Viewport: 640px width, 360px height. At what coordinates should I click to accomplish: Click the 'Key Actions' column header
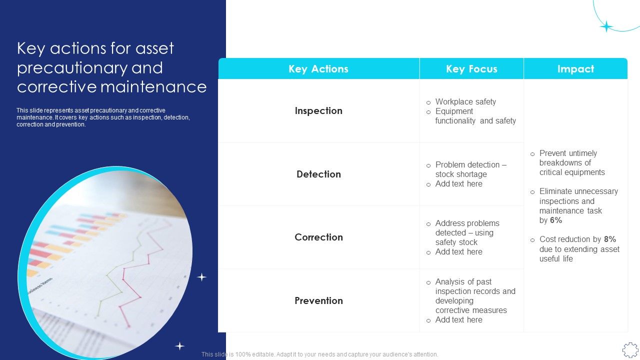pos(318,69)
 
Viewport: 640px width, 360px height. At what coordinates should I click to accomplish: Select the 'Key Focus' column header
pos(471,69)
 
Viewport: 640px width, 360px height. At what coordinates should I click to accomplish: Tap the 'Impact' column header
pos(575,69)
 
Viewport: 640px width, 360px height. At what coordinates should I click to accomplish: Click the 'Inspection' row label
pos(318,111)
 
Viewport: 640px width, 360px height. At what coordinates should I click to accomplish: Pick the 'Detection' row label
pos(318,174)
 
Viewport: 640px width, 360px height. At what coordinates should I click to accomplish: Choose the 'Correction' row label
pos(318,237)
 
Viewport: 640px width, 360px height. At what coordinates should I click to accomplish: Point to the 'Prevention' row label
pos(318,300)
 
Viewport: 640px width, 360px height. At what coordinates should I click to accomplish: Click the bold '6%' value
pos(556,220)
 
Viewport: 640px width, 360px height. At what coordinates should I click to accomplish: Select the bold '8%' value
pos(609,239)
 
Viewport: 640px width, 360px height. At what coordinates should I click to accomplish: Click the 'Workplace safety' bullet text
pos(465,102)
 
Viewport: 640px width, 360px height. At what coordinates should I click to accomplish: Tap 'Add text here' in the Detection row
pos(458,184)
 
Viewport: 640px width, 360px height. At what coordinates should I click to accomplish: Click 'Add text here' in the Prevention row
pos(458,320)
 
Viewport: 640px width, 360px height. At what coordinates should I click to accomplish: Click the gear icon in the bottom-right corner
pos(630,349)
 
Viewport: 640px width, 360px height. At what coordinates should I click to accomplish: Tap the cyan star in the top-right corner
pos(606,26)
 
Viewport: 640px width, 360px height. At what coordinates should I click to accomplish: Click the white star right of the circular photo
pos(201,277)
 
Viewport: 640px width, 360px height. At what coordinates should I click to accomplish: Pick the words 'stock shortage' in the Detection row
pos(461,174)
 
